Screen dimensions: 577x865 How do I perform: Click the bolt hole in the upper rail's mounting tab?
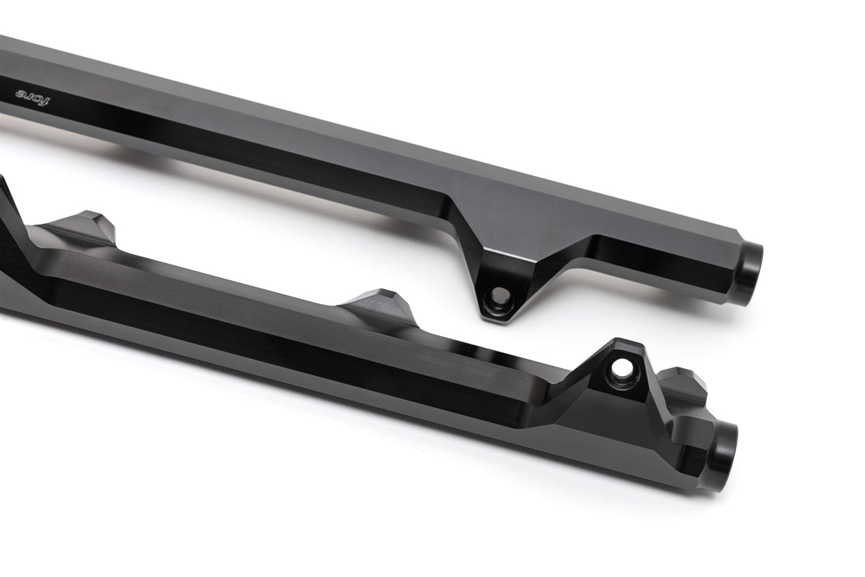(497, 295)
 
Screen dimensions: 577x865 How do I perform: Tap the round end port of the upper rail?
(750, 272)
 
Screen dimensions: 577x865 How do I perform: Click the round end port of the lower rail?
(722, 455)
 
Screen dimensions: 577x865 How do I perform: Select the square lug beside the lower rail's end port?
(688, 432)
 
